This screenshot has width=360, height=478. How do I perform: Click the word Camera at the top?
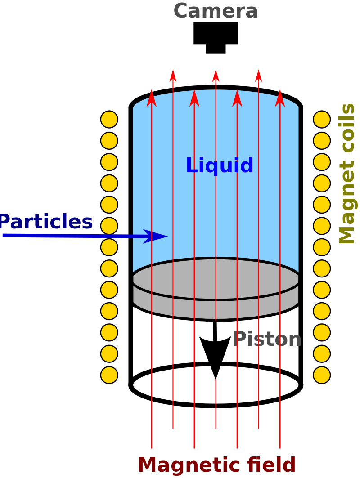[216, 11]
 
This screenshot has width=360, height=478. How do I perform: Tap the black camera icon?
[216, 37]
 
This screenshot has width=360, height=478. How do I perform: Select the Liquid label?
[220, 165]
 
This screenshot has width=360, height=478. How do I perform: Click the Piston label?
[267, 339]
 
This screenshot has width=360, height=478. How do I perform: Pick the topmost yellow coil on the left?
[109, 119]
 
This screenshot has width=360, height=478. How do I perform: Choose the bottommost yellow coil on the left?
[109, 375]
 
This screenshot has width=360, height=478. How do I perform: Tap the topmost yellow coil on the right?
[322, 119]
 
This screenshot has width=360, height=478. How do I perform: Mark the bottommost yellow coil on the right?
[322, 375]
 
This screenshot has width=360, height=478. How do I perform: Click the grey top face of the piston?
[216, 279]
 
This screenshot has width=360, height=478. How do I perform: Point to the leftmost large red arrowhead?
[152, 98]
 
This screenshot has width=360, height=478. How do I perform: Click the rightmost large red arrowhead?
[280, 98]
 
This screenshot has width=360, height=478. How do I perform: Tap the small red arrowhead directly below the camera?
[216, 76]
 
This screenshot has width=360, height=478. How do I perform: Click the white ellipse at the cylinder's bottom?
[216, 406]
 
